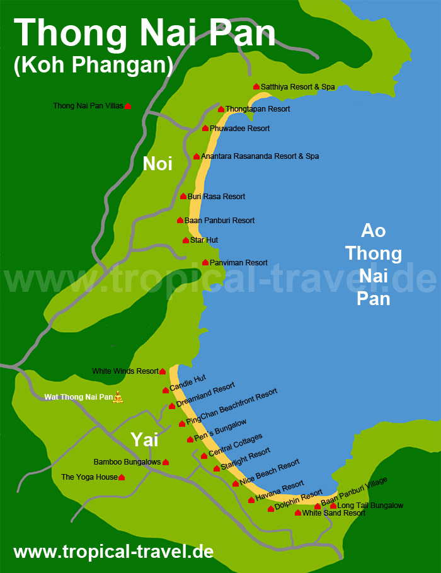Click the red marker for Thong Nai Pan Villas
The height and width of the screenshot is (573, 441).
coord(128,107)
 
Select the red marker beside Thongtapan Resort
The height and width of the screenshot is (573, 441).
coord(221,110)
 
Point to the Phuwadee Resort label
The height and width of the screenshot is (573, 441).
coord(239,129)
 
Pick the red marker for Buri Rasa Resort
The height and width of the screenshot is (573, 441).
coord(183,197)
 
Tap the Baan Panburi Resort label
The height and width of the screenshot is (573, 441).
coord(219,221)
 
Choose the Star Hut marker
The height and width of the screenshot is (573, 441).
coord(186,240)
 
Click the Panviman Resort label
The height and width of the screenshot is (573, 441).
coord(238,263)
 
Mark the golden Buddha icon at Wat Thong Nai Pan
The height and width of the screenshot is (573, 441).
coord(118,396)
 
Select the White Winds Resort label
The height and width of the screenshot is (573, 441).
coord(125,371)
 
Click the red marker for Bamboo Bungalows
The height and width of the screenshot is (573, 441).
coord(166,463)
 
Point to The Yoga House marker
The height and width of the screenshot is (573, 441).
coord(122,478)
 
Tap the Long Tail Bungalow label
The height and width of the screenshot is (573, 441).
coord(370,506)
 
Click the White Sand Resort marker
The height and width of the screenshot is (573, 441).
coord(298,513)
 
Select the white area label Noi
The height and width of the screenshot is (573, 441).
coord(157,164)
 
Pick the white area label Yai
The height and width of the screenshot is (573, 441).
coord(144,439)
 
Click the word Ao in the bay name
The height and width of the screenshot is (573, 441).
coord(373,231)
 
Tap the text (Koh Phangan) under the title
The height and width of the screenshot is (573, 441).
coord(93,66)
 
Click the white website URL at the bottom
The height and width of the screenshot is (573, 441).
coord(113,552)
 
